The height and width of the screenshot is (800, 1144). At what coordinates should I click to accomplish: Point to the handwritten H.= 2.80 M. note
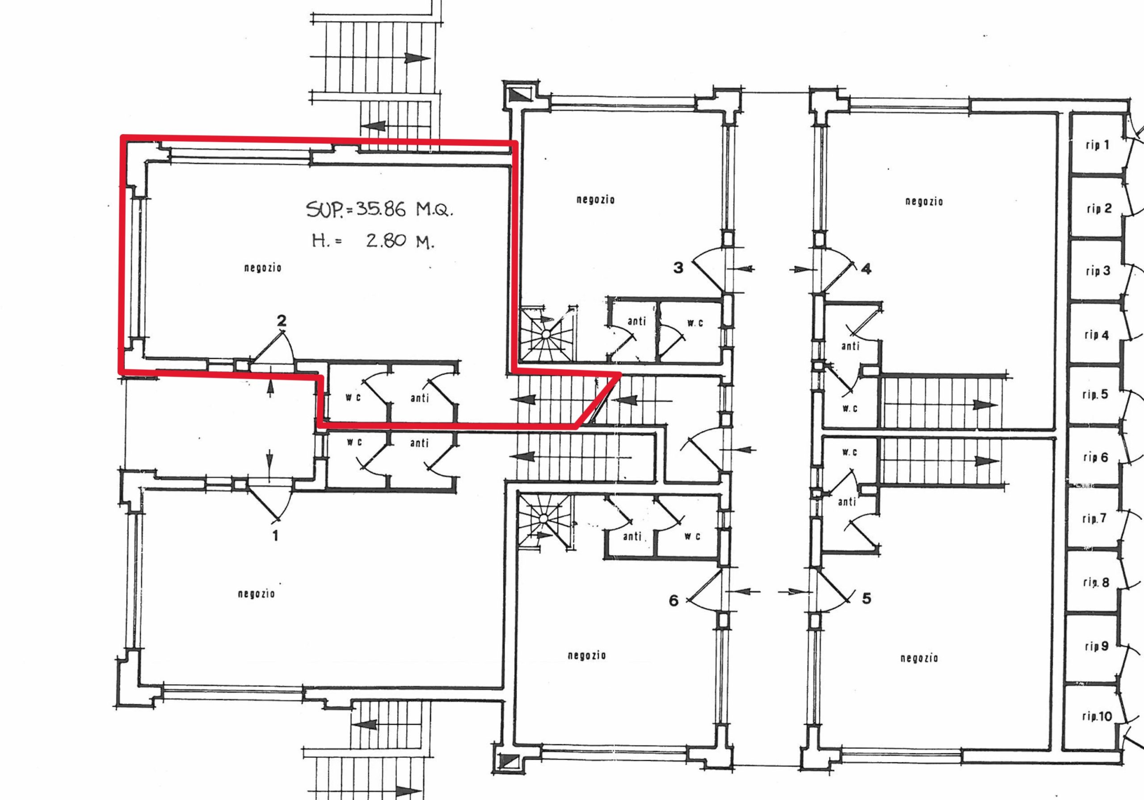[x=373, y=242]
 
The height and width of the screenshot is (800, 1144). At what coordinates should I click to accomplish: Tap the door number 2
[x=282, y=321]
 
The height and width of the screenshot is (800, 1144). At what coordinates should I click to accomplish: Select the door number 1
[x=275, y=536]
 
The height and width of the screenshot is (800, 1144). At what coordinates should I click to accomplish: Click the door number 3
[x=678, y=268]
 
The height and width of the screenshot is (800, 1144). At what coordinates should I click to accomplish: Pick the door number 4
[x=866, y=269]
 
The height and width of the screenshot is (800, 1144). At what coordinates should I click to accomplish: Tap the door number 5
[x=866, y=598]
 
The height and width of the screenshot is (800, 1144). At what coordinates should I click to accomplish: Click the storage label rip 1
[x=1097, y=145]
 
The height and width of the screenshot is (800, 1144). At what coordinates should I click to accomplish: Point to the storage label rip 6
[x=1096, y=457]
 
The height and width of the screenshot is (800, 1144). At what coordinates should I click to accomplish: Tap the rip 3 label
[x=1098, y=271]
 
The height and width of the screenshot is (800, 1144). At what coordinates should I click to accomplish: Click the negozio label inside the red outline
[x=263, y=268]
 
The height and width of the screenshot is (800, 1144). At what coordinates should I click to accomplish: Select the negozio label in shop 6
[x=586, y=655]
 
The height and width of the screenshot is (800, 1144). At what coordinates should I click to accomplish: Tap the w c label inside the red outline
[x=353, y=397]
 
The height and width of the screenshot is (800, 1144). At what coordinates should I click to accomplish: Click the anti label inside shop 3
[x=636, y=322]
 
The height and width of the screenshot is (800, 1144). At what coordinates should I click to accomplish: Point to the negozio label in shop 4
[x=924, y=201]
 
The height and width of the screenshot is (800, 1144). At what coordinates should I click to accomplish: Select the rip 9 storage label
[x=1096, y=647]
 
